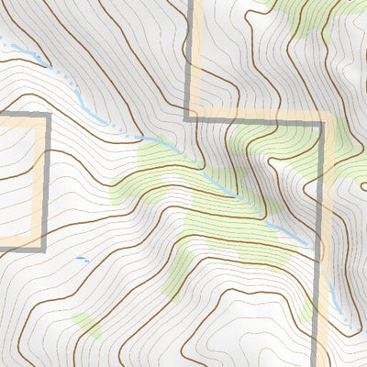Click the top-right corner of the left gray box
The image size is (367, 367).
[46, 115]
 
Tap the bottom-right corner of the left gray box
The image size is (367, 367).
[46, 248]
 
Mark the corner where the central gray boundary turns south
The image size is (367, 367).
[323, 119]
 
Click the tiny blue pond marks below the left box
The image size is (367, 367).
[82, 259]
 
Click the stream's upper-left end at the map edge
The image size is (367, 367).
[3, 39]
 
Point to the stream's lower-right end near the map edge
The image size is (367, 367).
[353, 332]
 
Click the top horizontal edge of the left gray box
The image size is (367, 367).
[23, 115]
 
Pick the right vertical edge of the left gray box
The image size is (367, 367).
[46, 183]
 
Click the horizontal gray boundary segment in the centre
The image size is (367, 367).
[257, 118]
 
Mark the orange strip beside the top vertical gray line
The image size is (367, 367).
[195, 55]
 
